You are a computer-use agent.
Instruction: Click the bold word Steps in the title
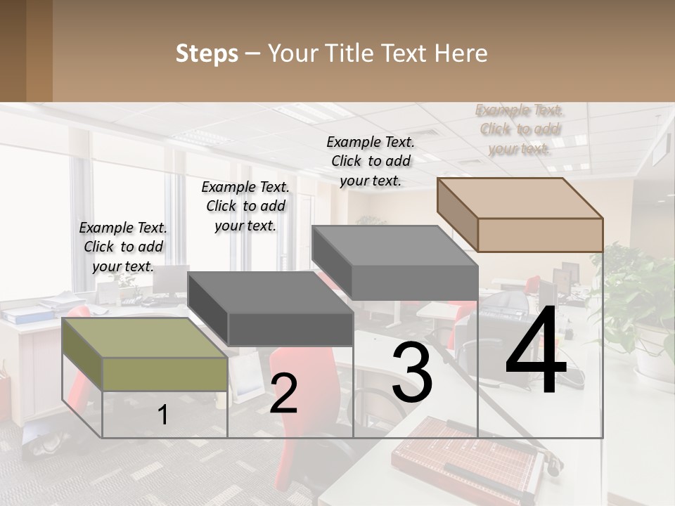pyautogui.click(x=207, y=53)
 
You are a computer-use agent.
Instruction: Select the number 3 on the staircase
pyautogui.click(x=412, y=373)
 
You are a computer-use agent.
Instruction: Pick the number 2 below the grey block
pyautogui.click(x=283, y=394)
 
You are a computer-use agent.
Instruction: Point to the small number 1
pyautogui.click(x=163, y=415)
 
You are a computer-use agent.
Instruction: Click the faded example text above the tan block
pyautogui.click(x=519, y=129)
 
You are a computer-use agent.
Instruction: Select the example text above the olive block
pyautogui.click(x=123, y=247)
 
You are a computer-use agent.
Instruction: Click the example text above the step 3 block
pyautogui.click(x=371, y=161)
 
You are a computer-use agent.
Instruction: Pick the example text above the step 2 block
pyautogui.click(x=245, y=206)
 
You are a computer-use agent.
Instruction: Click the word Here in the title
pyautogui.click(x=461, y=53)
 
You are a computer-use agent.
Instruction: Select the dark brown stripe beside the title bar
pyautogui.click(x=39, y=51)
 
